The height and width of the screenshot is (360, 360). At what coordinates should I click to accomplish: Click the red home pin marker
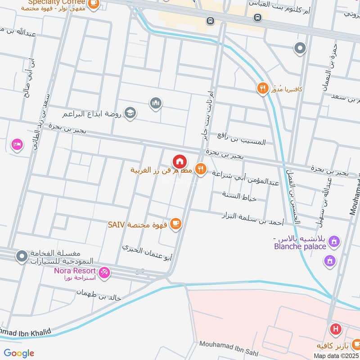click(179, 161)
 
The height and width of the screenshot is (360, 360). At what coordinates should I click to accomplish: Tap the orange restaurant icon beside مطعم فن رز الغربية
click(201, 169)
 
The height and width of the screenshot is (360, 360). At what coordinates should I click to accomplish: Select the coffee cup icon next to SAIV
click(176, 224)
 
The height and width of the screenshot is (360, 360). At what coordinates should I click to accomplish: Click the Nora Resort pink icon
click(104, 272)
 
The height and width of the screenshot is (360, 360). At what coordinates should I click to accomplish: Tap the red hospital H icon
click(335, 329)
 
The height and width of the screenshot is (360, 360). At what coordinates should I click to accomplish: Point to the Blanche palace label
click(300, 246)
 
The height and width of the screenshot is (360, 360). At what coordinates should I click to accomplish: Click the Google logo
click(19, 353)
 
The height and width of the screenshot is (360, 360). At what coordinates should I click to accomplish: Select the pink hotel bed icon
click(17, 144)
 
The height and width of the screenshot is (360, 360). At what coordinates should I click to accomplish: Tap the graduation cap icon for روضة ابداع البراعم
click(130, 112)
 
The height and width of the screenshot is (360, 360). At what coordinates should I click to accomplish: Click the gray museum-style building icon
click(156, 103)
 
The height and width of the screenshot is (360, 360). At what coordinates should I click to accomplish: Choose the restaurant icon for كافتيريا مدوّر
click(262, 88)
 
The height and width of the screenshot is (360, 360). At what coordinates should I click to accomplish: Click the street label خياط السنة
click(239, 196)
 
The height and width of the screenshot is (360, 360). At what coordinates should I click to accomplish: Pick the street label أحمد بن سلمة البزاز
click(253, 219)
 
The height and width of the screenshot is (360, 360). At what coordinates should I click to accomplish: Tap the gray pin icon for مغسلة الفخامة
click(22, 256)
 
